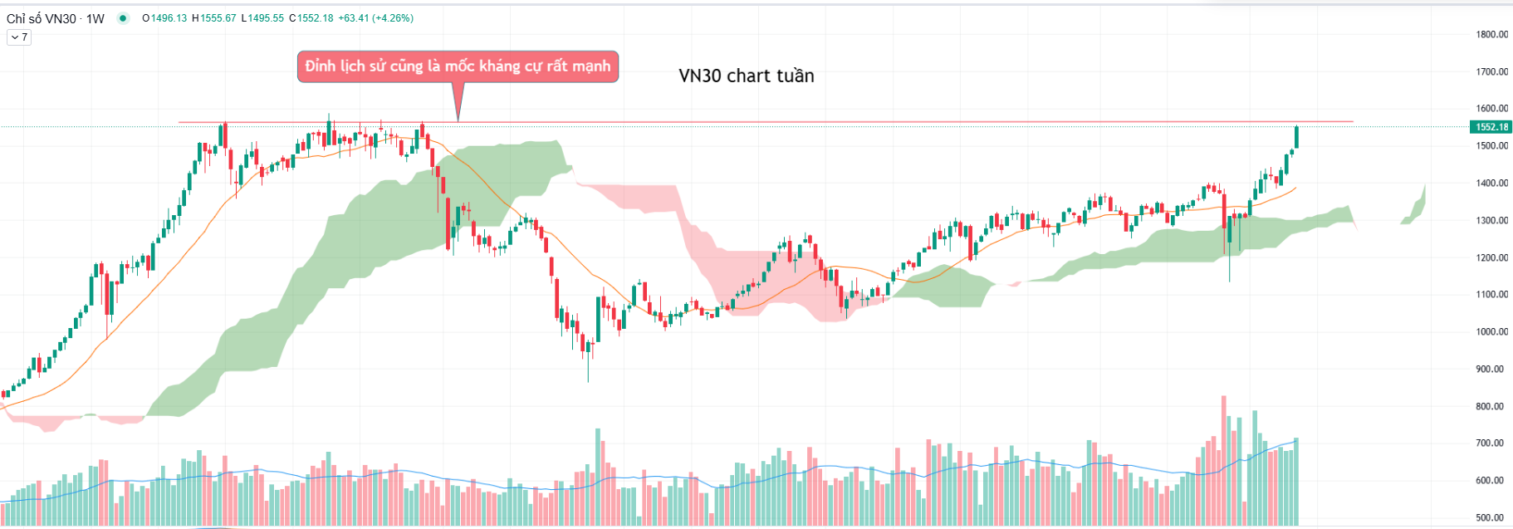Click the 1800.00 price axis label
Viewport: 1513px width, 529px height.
[x=1491, y=35]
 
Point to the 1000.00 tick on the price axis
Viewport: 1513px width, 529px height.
[x=1491, y=332]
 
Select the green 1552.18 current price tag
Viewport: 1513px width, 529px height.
[x=1491, y=127]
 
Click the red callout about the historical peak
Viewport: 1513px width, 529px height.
[x=458, y=66]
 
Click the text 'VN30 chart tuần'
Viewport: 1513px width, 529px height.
[x=746, y=76]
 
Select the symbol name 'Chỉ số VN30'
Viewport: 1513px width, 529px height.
[x=42, y=18]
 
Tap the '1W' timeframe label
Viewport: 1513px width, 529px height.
[x=95, y=18]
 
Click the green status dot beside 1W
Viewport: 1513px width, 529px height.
[x=123, y=18]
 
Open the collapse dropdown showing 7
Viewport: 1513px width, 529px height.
[x=19, y=37]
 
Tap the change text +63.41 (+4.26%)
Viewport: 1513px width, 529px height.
[x=375, y=18]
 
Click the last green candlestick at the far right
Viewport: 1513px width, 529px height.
[x=1296, y=137]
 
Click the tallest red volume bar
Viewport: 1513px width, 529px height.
[x=1224, y=461]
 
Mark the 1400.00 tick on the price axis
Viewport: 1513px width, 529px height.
[x=1491, y=184]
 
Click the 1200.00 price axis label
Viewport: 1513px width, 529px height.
[x=1491, y=258]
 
